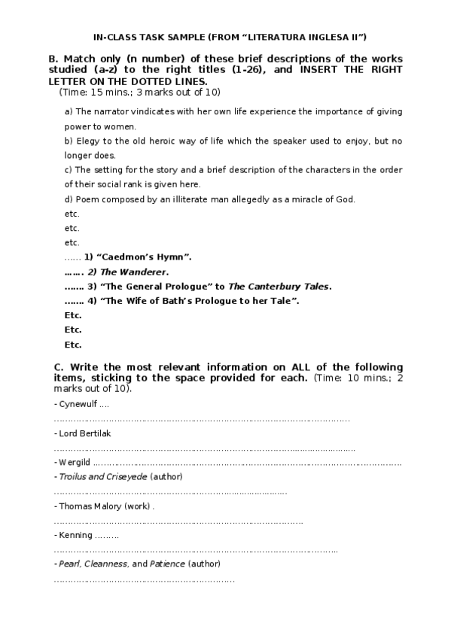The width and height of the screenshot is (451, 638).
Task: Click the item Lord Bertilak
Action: [x=86, y=433]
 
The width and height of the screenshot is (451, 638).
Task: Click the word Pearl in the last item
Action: [x=69, y=564]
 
